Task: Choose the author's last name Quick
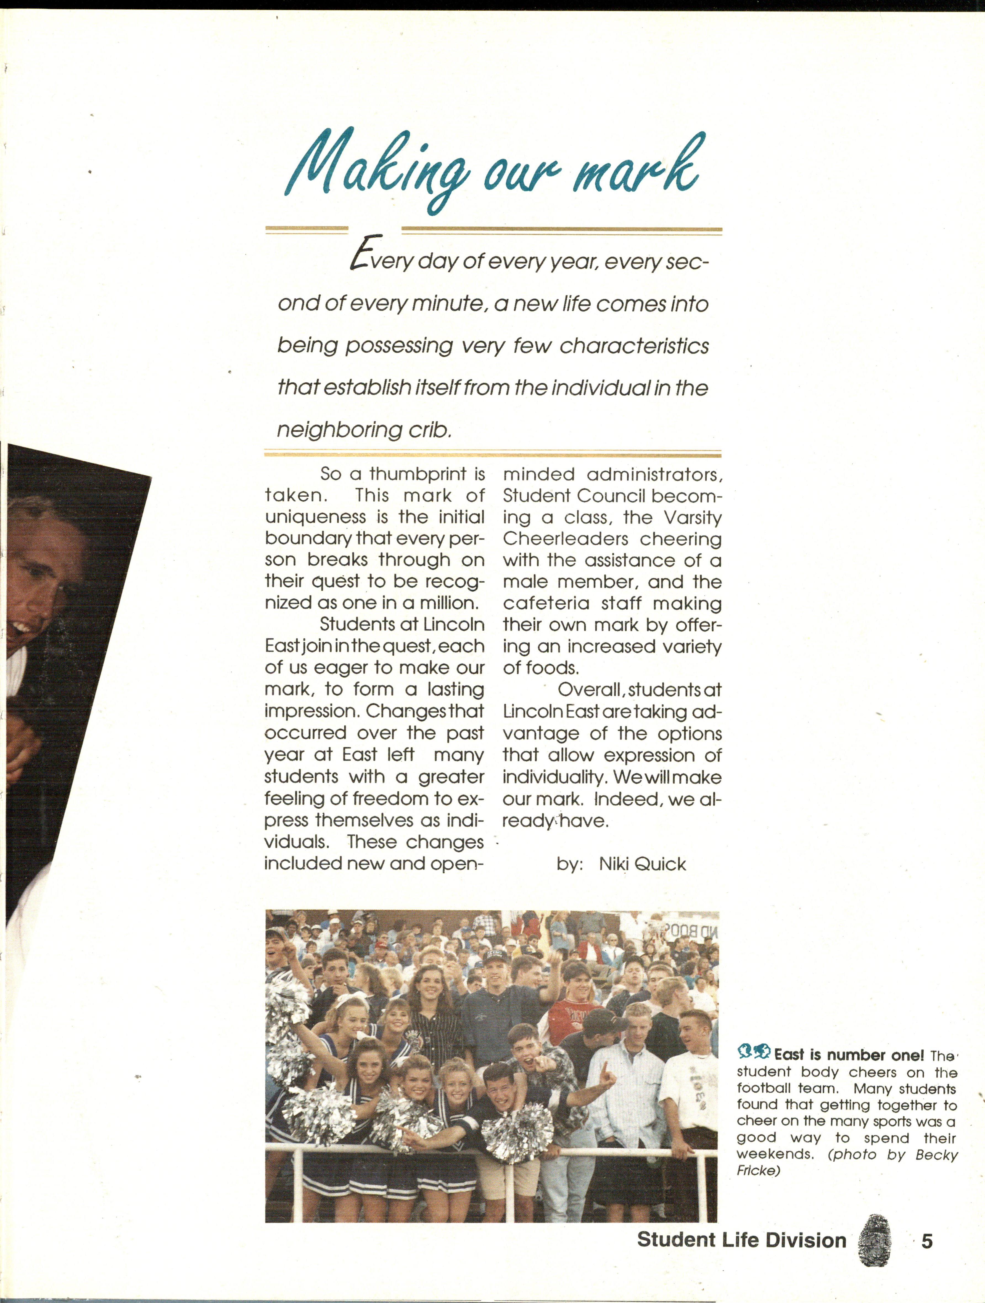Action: point(660,864)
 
